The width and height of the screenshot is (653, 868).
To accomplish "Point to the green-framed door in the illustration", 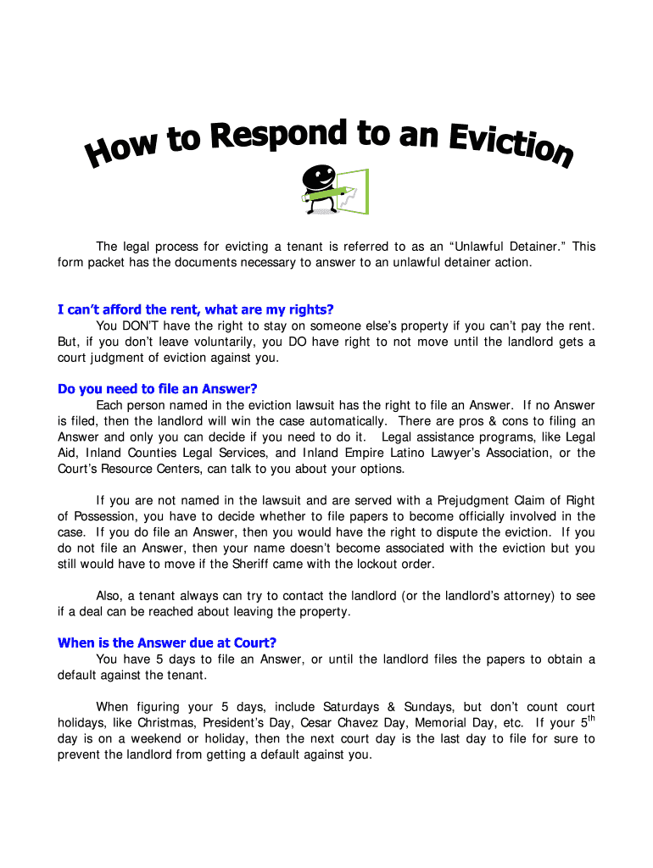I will [354, 192].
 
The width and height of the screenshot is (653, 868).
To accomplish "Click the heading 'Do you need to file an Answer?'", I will [157, 389].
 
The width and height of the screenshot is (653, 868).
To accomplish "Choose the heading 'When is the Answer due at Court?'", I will [167, 643].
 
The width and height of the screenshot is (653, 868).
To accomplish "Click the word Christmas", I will [166, 723].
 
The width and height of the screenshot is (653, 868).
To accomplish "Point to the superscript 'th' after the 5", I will [591, 719].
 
